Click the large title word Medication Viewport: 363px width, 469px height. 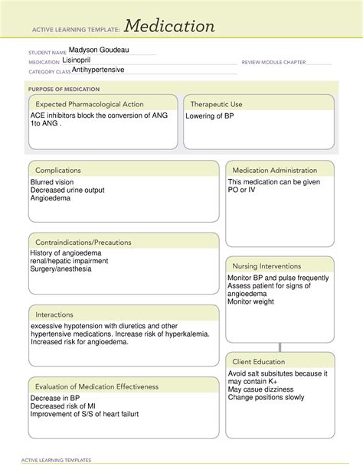tap(170, 27)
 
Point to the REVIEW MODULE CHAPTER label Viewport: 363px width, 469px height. tap(273, 61)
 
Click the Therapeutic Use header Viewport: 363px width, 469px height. tap(217, 103)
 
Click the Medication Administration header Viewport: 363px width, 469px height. tap(274, 170)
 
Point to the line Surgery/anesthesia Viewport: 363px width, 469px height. tap(61, 269)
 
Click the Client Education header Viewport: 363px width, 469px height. tap(259, 361)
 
